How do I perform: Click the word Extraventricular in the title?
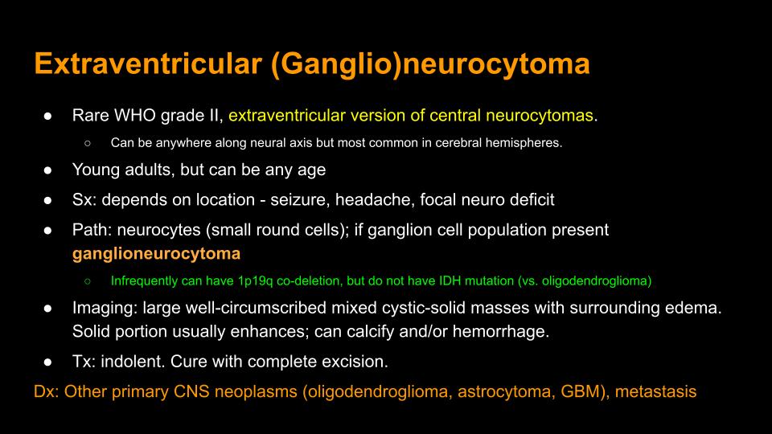pyautogui.click(x=148, y=63)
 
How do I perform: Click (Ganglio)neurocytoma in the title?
pyautogui.click(x=430, y=64)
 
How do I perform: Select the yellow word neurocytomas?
pyautogui.click(x=539, y=116)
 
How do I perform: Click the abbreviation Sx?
pyautogui.click(x=84, y=200)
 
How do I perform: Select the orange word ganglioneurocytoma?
pyautogui.click(x=156, y=254)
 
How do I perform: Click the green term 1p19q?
pyautogui.click(x=255, y=281)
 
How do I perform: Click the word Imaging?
pyautogui.click(x=105, y=308)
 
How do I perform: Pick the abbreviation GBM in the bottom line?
pyautogui.click(x=584, y=391)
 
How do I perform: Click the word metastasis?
pyautogui.click(x=656, y=391)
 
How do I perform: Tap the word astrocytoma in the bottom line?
pyautogui.click(x=504, y=392)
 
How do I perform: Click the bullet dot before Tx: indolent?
pyautogui.click(x=47, y=362)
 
